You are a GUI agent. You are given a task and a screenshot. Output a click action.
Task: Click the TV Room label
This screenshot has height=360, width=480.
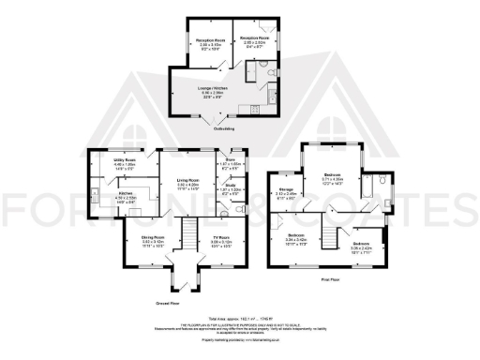pyautogui.click(x=221, y=238)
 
